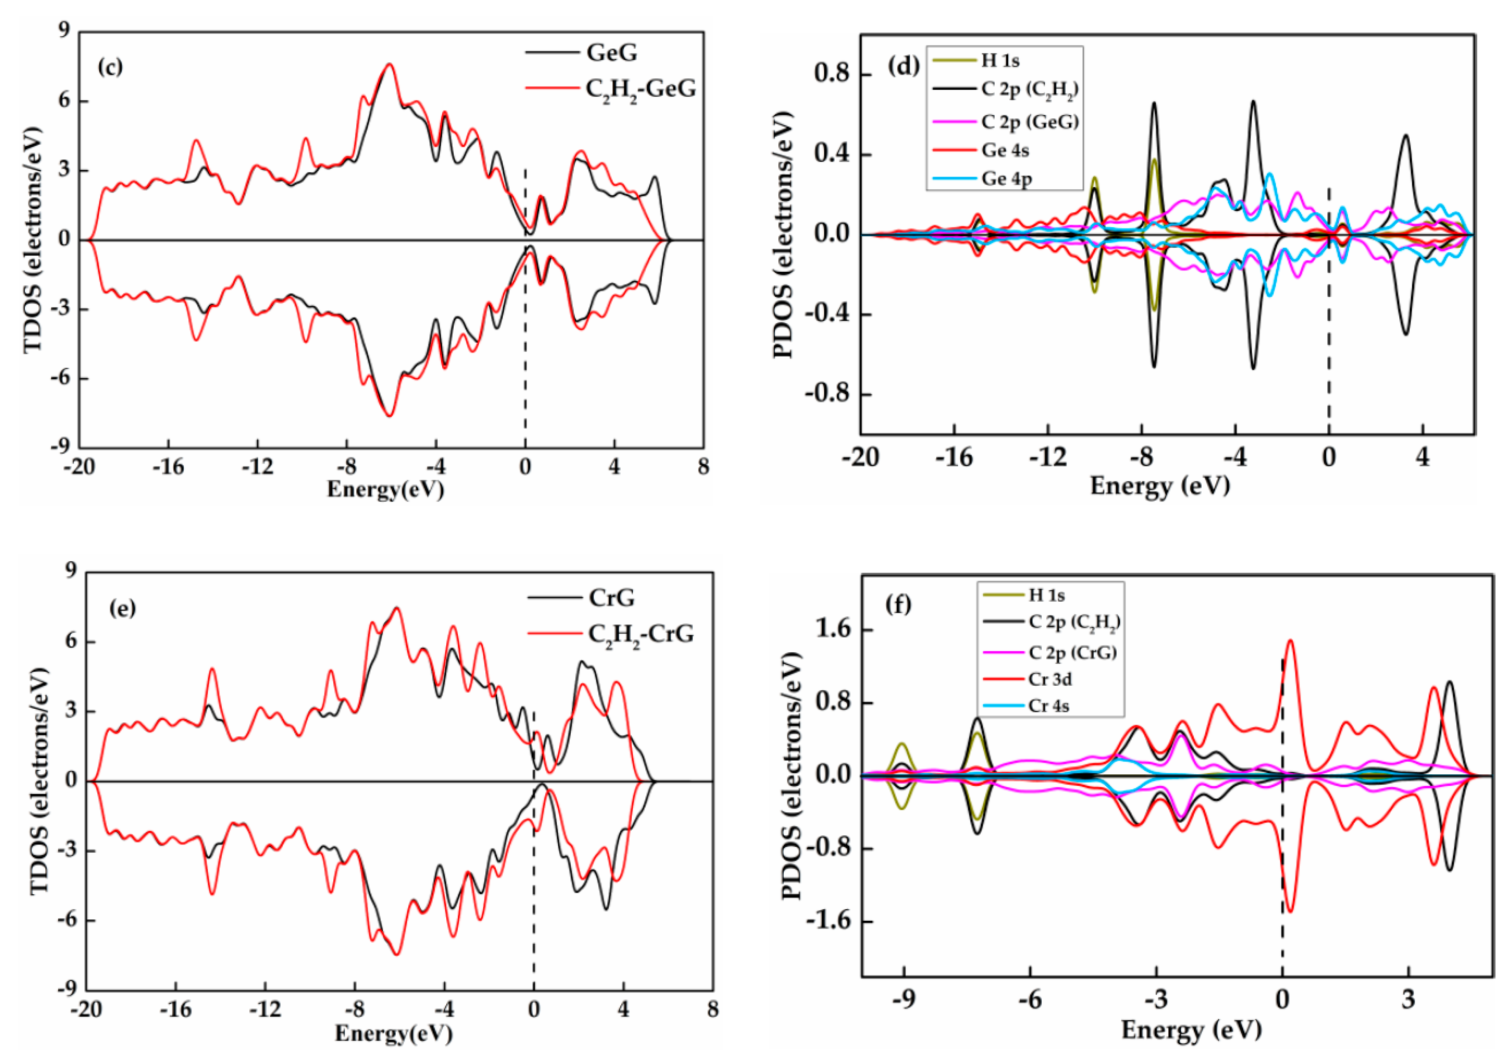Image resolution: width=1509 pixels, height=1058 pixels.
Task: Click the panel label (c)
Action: click(x=110, y=67)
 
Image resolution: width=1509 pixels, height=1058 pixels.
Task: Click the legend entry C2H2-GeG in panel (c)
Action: click(x=640, y=89)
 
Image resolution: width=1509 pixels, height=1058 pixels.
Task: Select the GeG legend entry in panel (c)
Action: click(x=611, y=53)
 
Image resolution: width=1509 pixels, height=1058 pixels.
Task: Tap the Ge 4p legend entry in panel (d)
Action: click(x=1005, y=179)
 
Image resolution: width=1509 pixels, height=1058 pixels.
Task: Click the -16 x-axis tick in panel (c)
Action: click(x=168, y=467)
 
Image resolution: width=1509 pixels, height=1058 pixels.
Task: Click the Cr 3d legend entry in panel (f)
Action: click(x=1050, y=679)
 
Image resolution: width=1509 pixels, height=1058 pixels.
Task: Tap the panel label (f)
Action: click(x=898, y=604)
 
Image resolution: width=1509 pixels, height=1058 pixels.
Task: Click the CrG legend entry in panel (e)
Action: click(x=611, y=598)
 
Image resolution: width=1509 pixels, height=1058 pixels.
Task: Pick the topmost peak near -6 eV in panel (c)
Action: click(x=389, y=64)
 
